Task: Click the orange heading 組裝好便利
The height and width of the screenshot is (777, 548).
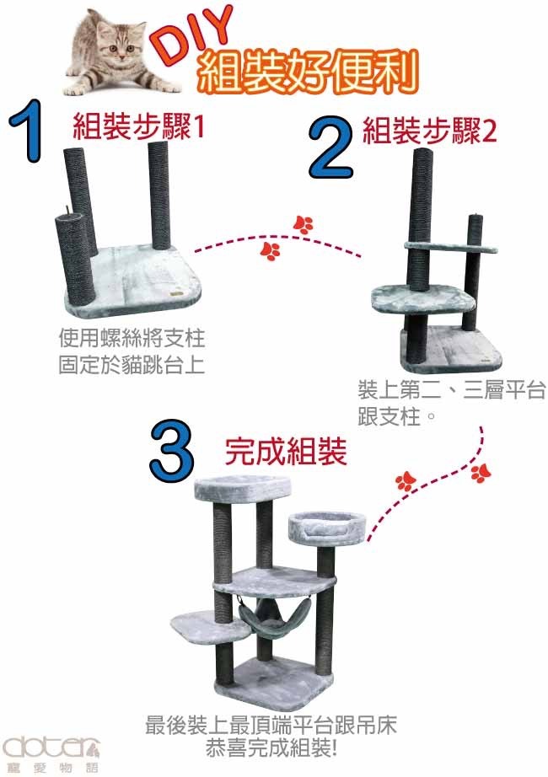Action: point(308,72)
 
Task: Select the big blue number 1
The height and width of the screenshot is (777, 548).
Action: point(28,131)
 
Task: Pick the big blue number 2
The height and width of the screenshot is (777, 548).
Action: point(331,147)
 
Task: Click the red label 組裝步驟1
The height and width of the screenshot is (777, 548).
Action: point(139,126)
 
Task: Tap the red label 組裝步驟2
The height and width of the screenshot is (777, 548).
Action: point(429,131)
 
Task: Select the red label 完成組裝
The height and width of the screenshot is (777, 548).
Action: point(286,451)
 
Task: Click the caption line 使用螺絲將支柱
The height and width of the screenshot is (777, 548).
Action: point(132,339)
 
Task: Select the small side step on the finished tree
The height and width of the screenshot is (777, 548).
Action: point(210,626)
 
